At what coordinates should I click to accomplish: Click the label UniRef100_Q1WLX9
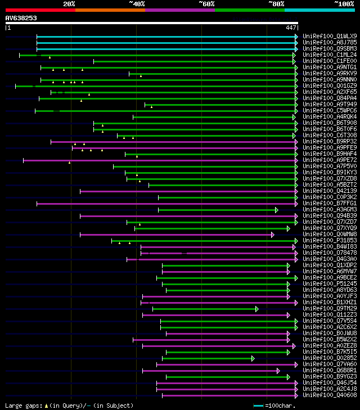(x=322, y=36)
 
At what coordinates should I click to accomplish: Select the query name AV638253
(x=21, y=18)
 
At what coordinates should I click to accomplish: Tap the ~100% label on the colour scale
(x=344, y=4)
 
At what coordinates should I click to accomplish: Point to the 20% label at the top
(x=69, y=4)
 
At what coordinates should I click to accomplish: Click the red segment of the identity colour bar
(x=40, y=10)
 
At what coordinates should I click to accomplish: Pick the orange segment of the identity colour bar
(x=110, y=10)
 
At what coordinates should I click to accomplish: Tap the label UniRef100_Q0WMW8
(x=322, y=235)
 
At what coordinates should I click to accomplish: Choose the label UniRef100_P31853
(x=322, y=241)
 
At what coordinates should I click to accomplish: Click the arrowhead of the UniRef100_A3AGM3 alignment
(x=276, y=210)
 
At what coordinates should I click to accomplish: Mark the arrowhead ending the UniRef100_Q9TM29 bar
(x=256, y=309)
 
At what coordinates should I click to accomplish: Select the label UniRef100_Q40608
(x=322, y=395)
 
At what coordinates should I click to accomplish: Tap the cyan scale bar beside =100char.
(x=258, y=406)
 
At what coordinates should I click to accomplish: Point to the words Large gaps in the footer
(x=21, y=406)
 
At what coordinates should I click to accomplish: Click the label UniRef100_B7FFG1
(x=322, y=204)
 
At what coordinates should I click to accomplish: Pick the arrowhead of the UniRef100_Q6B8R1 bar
(x=278, y=371)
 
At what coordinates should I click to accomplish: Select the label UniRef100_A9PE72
(x=322, y=160)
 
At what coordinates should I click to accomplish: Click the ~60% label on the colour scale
(x=206, y=4)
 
